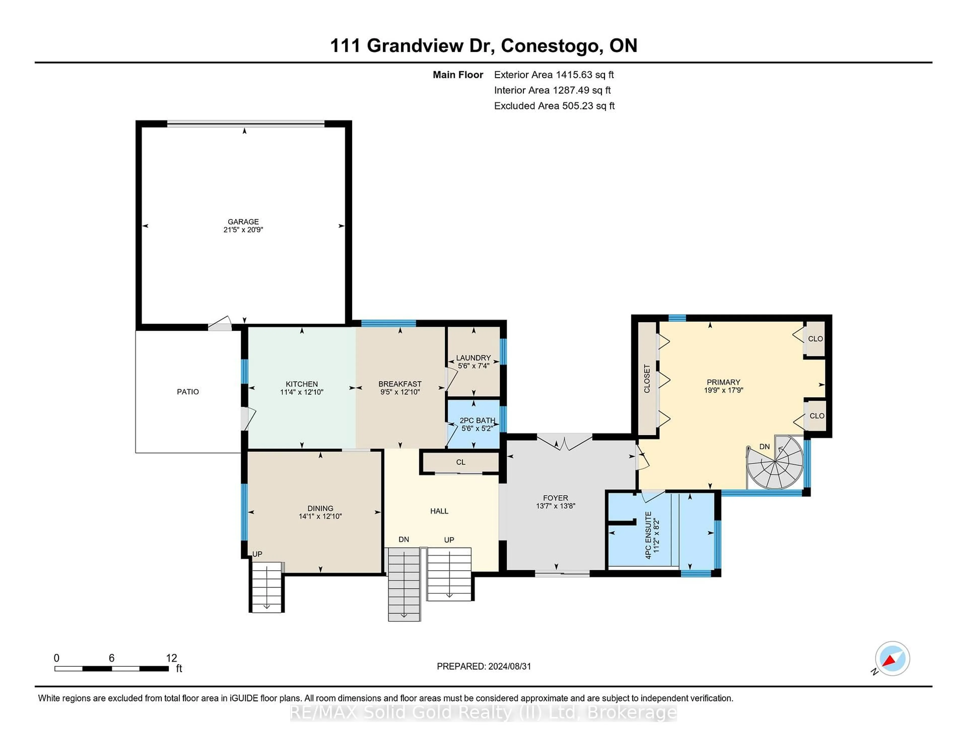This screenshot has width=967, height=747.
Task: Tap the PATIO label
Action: pyautogui.click(x=188, y=392)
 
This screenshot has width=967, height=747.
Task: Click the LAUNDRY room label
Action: pyautogui.click(x=473, y=358)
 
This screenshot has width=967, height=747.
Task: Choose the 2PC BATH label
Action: pyautogui.click(x=477, y=420)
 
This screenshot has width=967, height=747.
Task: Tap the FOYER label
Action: pyautogui.click(x=555, y=498)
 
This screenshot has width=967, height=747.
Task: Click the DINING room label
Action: pyautogui.click(x=320, y=508)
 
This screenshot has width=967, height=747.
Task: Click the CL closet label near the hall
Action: pyautogui.click(x=461, y=462)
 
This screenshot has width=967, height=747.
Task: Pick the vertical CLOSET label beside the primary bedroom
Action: pyautogui.click(x=647, y=378)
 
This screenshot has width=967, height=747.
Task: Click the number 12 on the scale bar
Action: pyautogui.click(x=171, y=658)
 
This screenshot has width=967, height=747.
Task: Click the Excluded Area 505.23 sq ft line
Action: pyautogui.click(x=554, y=106)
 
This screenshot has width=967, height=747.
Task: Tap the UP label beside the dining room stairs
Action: pyautogui.click(x=257, y=554)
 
